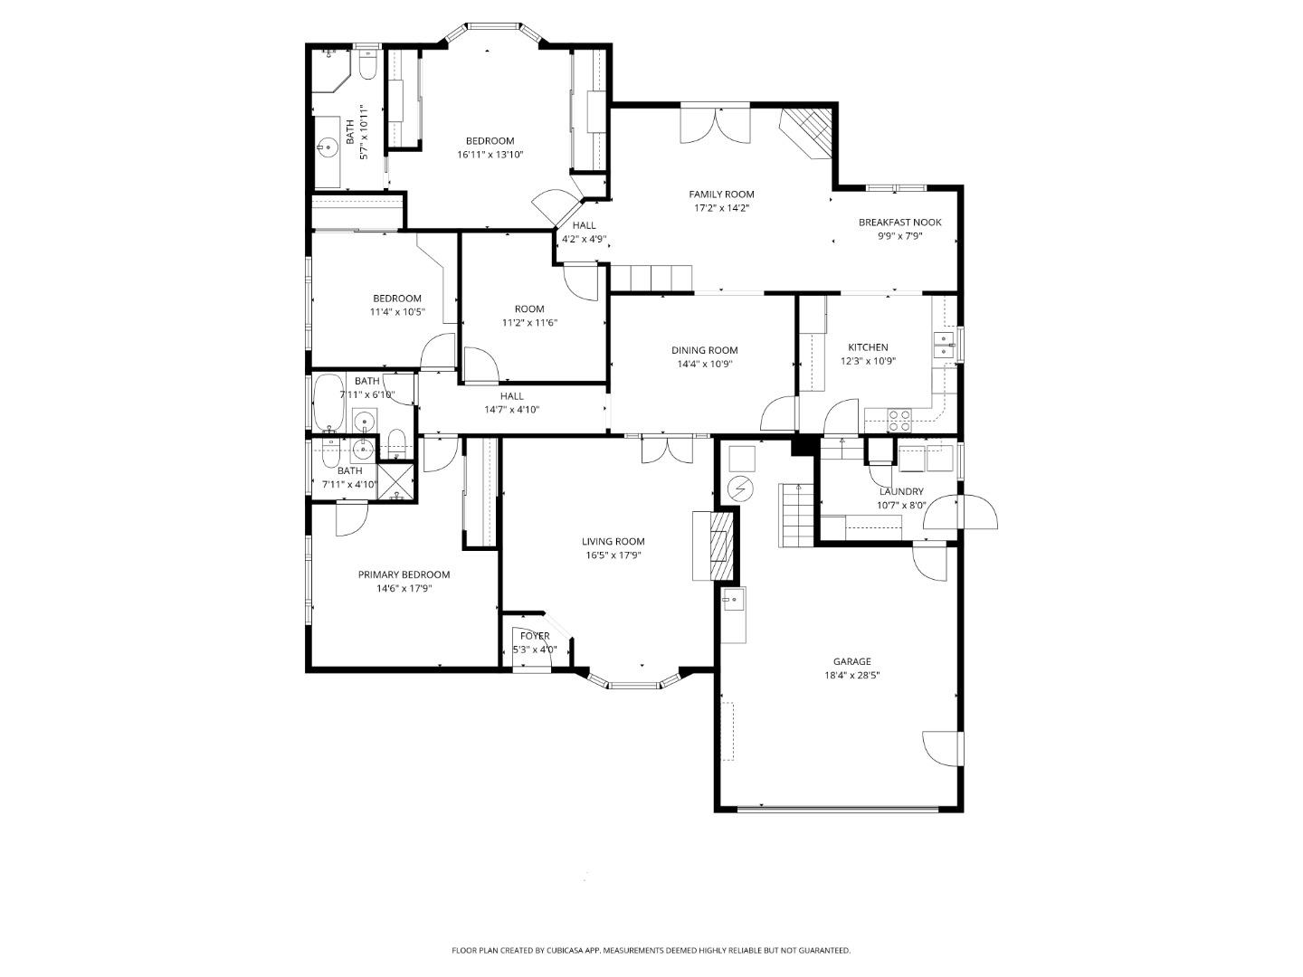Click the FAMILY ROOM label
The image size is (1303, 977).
click(x=721, y=194)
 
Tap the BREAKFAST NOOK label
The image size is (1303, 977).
click(x=899, y=223)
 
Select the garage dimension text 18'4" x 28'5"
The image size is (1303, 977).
click(x=851, y=675)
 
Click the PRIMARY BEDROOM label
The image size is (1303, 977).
click(x=404, y=574)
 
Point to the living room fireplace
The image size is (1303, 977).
click(x=721, y=545)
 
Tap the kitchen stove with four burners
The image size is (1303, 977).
click(x=899, y=420)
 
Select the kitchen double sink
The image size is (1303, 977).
click(x=944, y=345)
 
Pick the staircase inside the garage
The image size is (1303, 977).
click(x=796, y=515)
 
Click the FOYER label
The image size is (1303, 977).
click(x=535, y=636)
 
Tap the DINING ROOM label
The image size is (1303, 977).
click(x=704, y=350)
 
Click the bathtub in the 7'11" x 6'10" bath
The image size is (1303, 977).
click(x=328, y=403)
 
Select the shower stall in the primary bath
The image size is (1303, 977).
click(x=395, y=481)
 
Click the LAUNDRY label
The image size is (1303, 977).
click(x=901, y=492)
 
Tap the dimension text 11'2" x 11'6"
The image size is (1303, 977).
click(x=529, y=323)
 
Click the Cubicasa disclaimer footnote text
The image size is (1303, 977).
click(x=651, y=951)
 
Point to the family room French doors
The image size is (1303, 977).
click(x=715, y=124)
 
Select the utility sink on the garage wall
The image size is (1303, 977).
click(x=732, y=598)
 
